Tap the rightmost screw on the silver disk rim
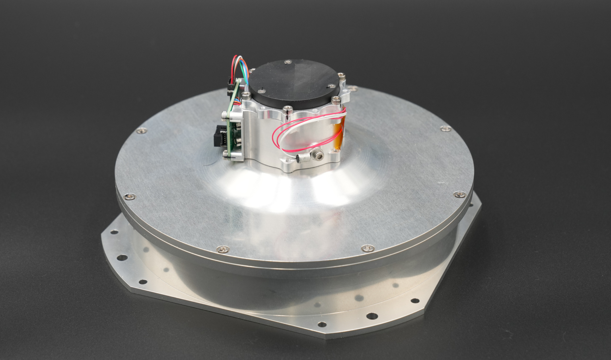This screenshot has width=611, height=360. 460,194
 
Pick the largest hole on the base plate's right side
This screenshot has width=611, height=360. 372,316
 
